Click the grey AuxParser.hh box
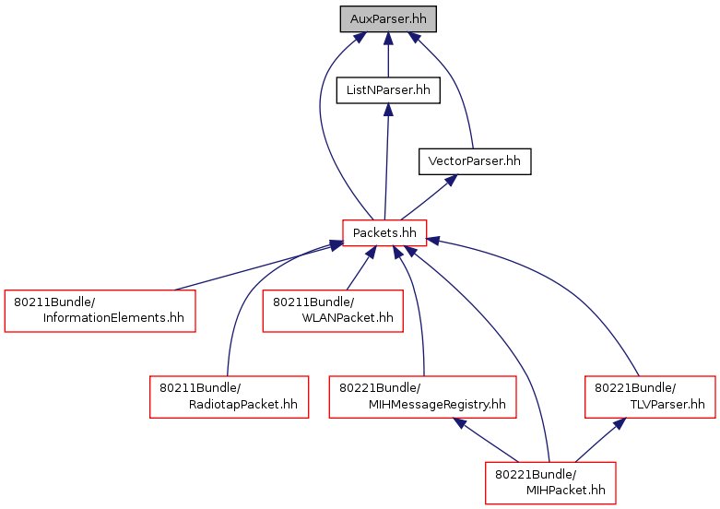coord(388,19)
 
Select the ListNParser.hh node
coord(388,90)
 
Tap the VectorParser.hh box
coord(475,161)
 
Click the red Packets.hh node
coord(384,233)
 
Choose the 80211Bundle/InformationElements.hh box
coord(100,311)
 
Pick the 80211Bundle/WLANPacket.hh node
coord(333,311)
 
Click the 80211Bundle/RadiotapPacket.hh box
coord(230,397)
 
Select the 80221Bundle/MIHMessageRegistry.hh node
coord(422,397)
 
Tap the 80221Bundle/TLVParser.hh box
coord(650,397)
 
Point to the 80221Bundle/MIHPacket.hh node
coord(550,483)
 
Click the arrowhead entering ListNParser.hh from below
coord(388,110)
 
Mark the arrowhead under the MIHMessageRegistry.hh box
coord(459,423)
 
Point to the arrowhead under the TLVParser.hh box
coord(620,423)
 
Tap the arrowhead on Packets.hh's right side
coord(432,241)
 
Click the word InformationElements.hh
coord(113,318)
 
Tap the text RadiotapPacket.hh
coord(242,404)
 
